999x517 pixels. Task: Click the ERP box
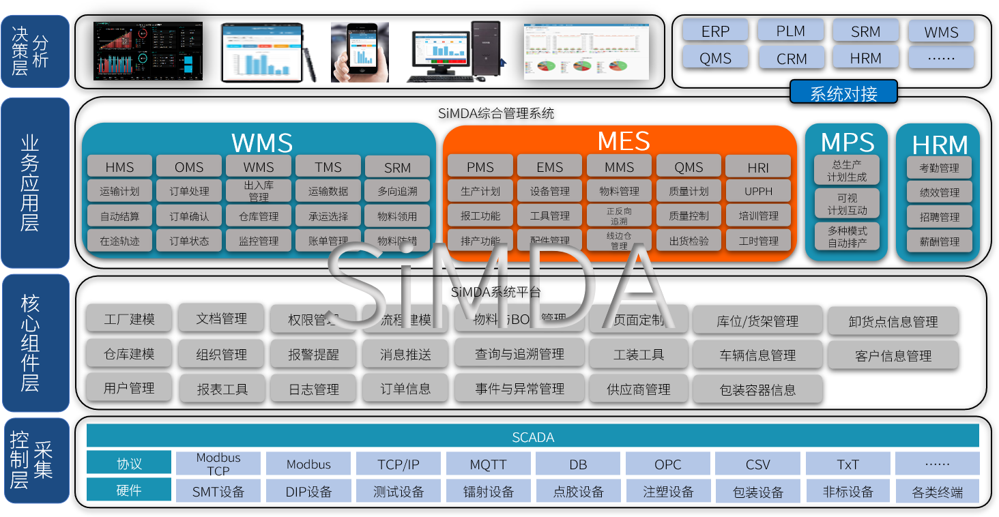point(715,31)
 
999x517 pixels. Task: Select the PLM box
point(791,31)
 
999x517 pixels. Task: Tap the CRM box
point(791,58)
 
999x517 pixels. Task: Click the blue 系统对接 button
point(843,92)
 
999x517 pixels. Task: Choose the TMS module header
point(328,166)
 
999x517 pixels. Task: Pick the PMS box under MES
point(480,166)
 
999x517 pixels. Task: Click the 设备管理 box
point(550,191)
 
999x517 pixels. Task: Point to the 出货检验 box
point(689,240)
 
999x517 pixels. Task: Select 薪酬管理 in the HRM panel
point(940,241)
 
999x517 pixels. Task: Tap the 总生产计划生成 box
point(847,171)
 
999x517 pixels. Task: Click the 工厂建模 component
point(129,319)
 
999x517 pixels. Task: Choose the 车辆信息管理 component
point(757,355)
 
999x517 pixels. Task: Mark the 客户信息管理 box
point(893,355)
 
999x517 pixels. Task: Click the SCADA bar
point(532,437)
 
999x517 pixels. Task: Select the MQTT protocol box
point(488,464)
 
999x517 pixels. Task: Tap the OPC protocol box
point(667,464)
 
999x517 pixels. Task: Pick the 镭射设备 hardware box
point(488,491)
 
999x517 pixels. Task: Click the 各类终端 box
point(937,491)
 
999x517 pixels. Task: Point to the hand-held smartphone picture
point(360,52)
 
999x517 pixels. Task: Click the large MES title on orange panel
point(623,141)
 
